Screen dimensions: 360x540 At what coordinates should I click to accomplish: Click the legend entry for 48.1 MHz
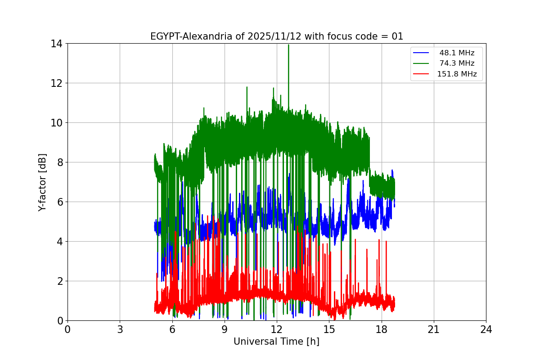tap(457, 53)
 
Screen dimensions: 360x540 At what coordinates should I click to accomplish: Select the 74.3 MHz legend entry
tap(457, 63)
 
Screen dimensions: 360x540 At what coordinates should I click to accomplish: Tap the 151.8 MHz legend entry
tap(457, 74)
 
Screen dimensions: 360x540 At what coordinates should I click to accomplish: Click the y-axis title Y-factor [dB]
tap(42, 182)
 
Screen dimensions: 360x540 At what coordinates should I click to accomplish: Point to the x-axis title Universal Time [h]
tap(276, 342)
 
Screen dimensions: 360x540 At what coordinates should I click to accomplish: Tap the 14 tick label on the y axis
tap(57, 44)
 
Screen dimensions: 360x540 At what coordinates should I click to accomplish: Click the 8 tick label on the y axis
tap(59, 162)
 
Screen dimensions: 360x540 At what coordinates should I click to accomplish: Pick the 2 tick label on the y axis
tap(59, 281)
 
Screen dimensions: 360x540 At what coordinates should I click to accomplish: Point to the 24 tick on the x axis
tap(486, 329)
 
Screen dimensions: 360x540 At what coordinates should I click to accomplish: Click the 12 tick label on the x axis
tap(277, 329)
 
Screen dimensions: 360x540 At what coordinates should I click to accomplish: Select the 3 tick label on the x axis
tap(120, 329)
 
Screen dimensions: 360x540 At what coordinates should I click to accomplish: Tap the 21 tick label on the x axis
tap(434, 329)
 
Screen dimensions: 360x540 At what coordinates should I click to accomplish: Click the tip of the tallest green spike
tap(288, 45)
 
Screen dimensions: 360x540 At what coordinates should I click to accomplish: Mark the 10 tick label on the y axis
tap(57, 123)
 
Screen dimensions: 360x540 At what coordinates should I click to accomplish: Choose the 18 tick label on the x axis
tap(382, 329)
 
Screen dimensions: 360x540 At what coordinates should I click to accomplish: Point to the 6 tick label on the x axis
tap(172, 329)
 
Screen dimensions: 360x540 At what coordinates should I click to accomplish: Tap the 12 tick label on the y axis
tap(57, 83)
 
